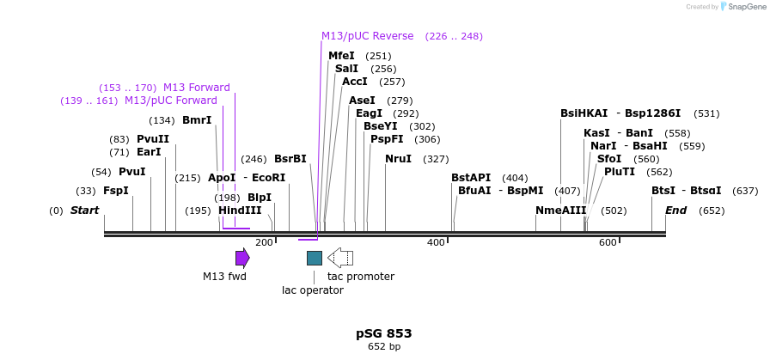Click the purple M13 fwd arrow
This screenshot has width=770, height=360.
[242, 258]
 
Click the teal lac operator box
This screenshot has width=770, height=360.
[315, 258]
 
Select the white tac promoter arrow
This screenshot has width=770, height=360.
[341, 258]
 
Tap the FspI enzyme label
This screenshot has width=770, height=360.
[116, 191]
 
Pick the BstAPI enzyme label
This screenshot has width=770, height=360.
[471, 178]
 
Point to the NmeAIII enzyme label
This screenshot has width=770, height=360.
[560, 211]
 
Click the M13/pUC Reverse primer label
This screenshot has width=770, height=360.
[368, 36]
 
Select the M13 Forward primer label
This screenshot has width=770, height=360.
[197, 88]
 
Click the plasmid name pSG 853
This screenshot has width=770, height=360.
[384, 333]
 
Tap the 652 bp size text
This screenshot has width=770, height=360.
[384, 347]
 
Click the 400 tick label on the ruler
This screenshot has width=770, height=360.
[436, 243]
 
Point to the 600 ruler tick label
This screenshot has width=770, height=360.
[608, 243]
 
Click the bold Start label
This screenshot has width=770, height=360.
[85, 211]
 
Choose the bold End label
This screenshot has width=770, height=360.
[676, 211]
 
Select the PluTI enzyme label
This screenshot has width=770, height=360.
[620, 172]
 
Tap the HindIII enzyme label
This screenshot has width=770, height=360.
[240, 211]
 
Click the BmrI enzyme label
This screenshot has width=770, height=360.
[197, 120]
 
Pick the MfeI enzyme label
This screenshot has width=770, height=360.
[341, 56]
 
